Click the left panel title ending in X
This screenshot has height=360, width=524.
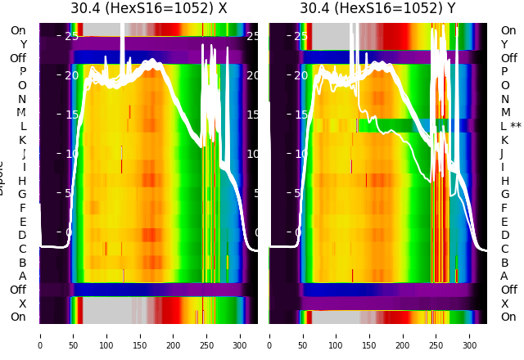[148, 9]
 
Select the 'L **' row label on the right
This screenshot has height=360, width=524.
[511, 127]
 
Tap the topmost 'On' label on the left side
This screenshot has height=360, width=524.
[18, 31]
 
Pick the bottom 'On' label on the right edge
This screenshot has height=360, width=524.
[508, 317]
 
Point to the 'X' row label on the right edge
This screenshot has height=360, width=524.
[504, 304]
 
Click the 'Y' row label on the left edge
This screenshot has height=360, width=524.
[23, 45]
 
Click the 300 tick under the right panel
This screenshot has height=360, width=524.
[469, 335]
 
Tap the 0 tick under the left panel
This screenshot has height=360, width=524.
[40, 335]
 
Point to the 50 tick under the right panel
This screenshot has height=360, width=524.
[303, 335]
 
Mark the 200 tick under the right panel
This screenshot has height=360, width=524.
[403, 335]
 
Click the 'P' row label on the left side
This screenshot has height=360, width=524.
[23, 72]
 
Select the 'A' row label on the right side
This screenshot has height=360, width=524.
[504, 277]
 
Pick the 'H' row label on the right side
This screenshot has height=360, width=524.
[504, 181]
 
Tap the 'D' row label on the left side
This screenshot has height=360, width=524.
[23, 236]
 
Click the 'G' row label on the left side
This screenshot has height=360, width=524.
[23, 195]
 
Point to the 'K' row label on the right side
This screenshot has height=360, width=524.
[504, 140]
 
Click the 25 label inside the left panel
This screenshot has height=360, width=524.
[71, 36]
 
